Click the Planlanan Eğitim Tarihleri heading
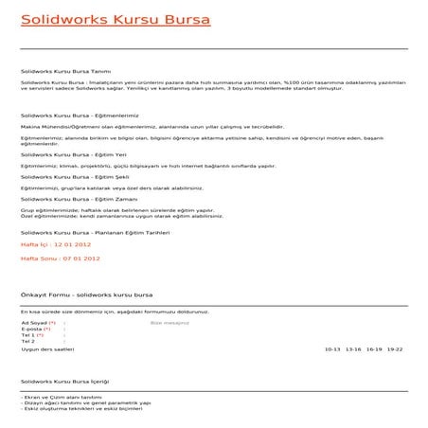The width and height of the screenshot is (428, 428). click(94, 232)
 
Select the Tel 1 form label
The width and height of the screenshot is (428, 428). click(29, 335)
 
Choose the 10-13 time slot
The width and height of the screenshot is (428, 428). click(332, 349)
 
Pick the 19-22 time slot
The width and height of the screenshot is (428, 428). click(395, 349)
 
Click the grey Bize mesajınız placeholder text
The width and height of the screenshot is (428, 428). click(169, 322)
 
